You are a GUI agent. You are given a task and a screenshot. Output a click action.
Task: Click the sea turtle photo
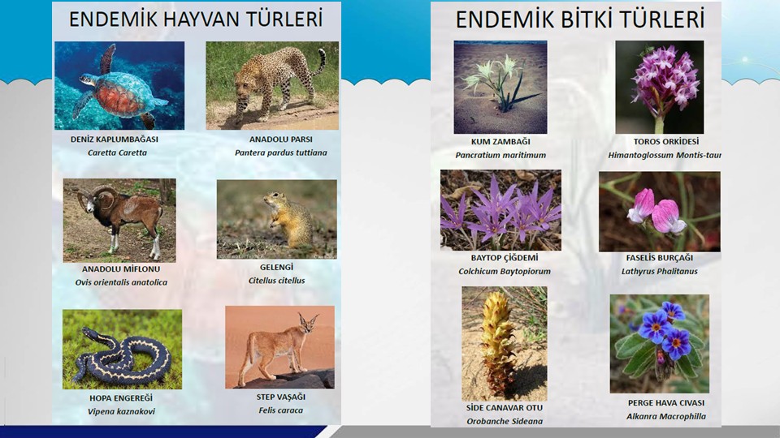click(119, 85)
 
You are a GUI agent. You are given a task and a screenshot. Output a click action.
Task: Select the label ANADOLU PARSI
click(281, 140)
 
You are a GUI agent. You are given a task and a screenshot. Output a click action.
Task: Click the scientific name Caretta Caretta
click(117, 153)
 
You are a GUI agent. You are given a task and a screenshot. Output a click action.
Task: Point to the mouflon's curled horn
click(103, 195)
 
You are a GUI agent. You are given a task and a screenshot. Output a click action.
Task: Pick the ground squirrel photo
click(276, 219)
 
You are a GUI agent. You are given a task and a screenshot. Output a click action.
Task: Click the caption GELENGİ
click(276, 267)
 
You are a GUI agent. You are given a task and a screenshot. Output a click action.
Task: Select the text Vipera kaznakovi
click(121, 412)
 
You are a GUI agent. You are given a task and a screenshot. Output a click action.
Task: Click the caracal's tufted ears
click(309, 318)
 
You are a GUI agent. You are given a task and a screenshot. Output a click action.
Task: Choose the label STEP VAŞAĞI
click(281, 397)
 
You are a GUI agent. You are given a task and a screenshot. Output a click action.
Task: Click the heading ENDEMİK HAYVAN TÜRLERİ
click(196, 19)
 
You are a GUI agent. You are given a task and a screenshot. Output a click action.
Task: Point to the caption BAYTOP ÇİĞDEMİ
click(505, 258)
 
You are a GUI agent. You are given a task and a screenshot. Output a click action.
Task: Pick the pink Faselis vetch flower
click(656, 211)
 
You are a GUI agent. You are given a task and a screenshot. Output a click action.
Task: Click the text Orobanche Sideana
click(505, 422)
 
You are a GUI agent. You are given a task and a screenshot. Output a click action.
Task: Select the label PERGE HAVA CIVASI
click(666, 403)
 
